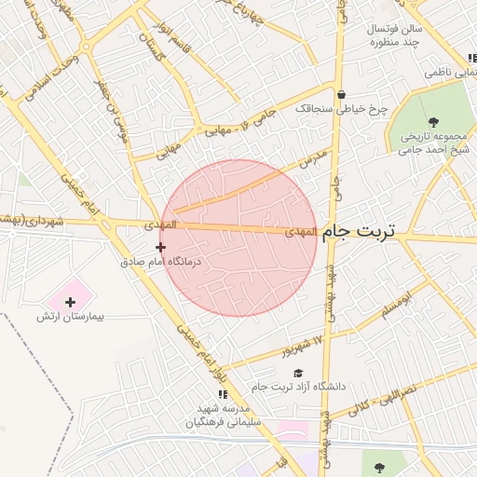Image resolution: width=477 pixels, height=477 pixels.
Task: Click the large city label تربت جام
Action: coord(358,233)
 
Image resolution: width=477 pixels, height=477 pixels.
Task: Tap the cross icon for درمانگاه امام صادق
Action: coord(161,247)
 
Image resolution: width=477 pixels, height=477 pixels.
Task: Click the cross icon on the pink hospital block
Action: coord(70,301)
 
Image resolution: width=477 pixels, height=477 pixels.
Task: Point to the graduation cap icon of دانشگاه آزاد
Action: coord(298,373)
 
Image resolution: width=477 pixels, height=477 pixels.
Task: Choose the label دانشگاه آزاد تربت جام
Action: coord(297,387)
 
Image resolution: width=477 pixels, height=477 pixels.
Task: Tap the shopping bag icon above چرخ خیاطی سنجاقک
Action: coord(342,94)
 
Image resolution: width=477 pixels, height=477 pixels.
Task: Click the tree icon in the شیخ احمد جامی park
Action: coord(433,122)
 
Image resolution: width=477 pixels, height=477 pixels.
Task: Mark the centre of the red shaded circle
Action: coord(238,238)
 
